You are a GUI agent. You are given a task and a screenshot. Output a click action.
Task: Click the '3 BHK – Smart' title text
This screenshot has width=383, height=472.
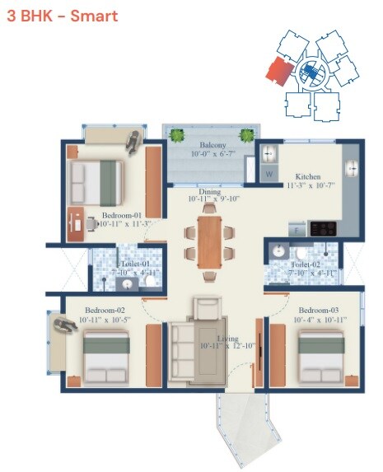(62, 16)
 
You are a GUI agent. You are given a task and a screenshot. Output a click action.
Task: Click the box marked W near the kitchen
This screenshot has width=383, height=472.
(269, 175)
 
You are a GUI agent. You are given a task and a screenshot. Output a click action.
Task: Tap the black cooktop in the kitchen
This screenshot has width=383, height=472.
(323, 227)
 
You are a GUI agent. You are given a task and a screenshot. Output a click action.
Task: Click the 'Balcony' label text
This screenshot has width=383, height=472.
(210, 145)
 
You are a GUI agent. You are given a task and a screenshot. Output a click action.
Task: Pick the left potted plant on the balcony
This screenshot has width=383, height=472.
(175, 134)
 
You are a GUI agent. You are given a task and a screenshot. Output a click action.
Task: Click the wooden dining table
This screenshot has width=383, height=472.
(210, 241)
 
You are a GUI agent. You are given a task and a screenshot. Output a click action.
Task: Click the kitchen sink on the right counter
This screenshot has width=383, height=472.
(350, 167)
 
